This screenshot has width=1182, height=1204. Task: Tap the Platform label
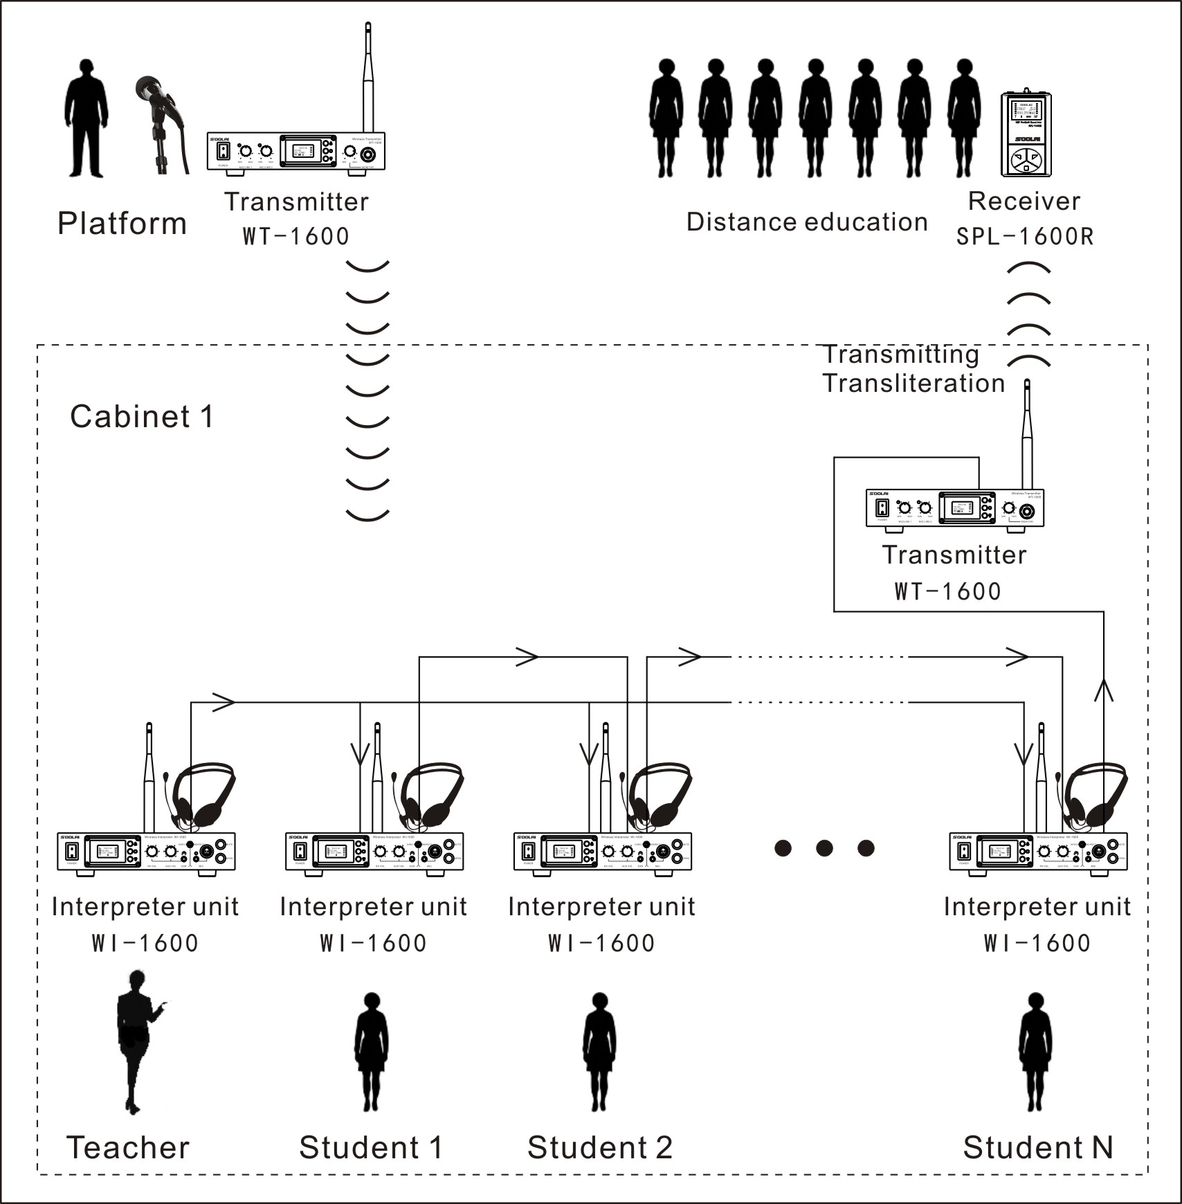[x=122, y=224]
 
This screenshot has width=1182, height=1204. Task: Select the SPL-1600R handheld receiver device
[x=1026, y=134]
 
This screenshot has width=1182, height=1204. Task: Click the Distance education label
[x=807, y=222]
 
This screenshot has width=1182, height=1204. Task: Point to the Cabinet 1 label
[x=142, y=417]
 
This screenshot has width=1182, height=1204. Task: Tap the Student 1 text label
[x=371, y=1147]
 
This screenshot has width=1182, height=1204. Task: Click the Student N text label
[x=1037, y=1147]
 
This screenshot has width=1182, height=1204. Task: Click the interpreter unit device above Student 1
[x=374, y=851]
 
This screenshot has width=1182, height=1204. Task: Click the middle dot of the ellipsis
[x=824, y=847]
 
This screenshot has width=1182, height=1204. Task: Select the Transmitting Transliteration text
[x=913, y=369]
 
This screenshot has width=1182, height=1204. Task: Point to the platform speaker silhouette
[x=87, y=118]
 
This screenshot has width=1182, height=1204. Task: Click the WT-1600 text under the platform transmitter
[x=296, y=236]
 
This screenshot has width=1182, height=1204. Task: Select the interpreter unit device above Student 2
[x=603, y=851]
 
